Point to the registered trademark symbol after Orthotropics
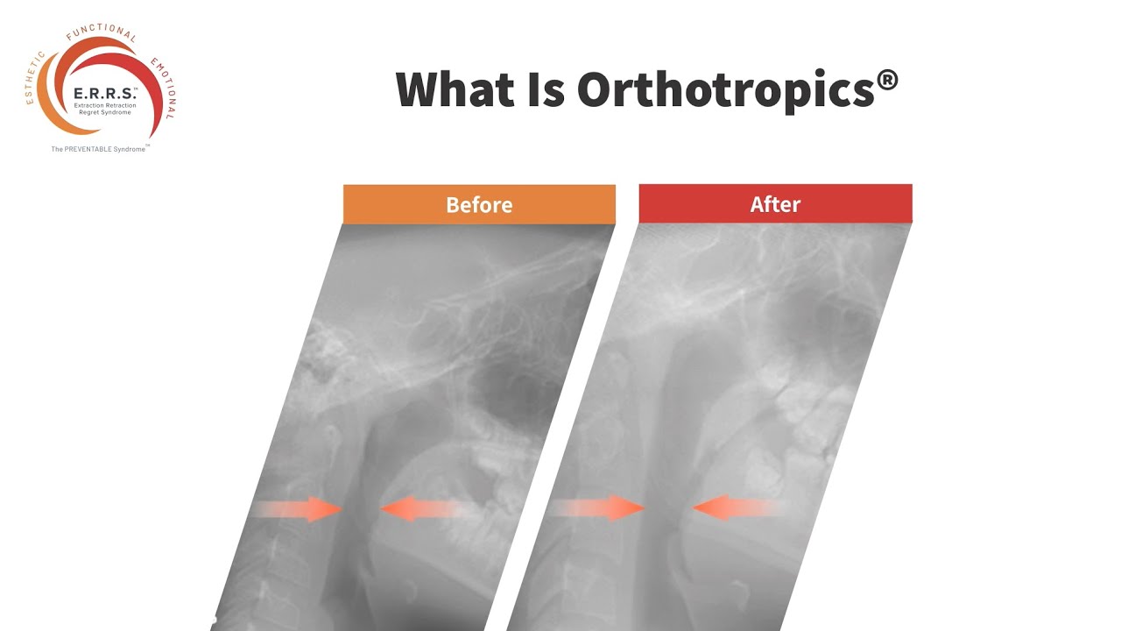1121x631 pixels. [x=887, y=82]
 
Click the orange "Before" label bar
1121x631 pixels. [x=479, y=204]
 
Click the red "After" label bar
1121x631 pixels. [x=775, y=204]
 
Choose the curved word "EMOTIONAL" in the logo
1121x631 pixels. [x=163, y=88]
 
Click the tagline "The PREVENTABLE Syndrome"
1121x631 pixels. [x=99, y=149]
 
